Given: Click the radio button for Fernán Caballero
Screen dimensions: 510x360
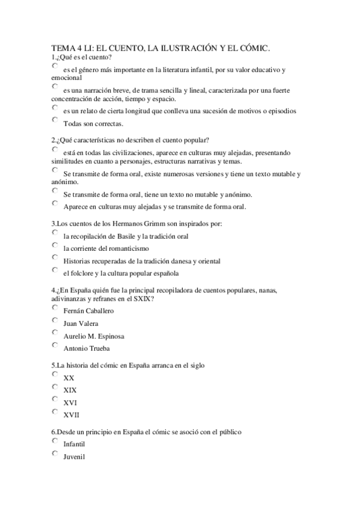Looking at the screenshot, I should tap(55, 308).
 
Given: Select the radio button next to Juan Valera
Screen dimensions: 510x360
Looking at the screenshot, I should tap(55, 320).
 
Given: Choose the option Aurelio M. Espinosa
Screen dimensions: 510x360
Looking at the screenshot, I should tap(55, 333).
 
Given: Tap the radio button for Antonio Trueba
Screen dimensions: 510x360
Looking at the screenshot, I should tap(55, 345).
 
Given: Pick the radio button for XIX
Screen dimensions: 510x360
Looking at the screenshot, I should tap(55, 387).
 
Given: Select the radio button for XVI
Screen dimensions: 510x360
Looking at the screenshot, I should tap(55, 399).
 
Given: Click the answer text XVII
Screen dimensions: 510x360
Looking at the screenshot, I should tap(71, 414).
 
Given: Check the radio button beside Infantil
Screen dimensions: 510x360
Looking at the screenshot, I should tap(55, 441).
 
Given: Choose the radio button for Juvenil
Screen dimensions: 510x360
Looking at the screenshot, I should tap(55, 453).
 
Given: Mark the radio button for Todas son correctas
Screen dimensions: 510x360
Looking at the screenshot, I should tap(55, 120).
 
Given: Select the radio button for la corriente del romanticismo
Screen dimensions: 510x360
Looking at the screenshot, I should tap(55, 245).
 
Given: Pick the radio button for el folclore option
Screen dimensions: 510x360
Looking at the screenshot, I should tap(55, 270).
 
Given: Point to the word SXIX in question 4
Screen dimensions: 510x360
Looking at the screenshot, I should tap(140, 298).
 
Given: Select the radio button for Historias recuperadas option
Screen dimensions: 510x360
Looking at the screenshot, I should tap(55, 257).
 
